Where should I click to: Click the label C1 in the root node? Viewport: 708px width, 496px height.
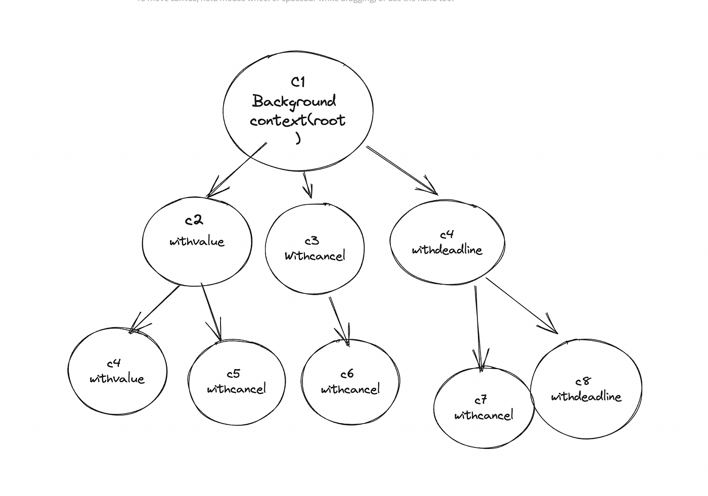click(x=298, y=82)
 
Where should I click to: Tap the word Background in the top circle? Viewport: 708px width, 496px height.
click(x=294, y=102)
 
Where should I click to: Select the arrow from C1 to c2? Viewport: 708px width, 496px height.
click(x=237, y=170)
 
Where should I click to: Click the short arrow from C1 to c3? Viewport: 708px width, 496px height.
click(x=306, y=185)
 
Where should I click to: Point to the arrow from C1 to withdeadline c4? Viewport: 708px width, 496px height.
click(x=402, y=170)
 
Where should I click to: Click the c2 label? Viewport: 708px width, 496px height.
click(x=194, y=220)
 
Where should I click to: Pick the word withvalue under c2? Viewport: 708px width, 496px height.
click(x=197, y=241)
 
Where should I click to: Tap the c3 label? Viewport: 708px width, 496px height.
click(x=312, y=241)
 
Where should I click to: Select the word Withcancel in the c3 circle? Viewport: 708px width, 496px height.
click(x=315, y=256)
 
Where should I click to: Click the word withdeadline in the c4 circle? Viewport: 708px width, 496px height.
click(x=447, y=250)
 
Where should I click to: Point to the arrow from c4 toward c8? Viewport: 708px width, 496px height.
click(x=521, y=305)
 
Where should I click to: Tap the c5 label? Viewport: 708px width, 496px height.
click(x=233, y=374)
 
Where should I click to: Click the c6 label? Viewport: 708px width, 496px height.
click(x=347, y=374)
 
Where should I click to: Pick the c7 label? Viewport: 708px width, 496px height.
click(x=480, y=400)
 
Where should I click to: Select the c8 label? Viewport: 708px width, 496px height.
click(x=583, y=381)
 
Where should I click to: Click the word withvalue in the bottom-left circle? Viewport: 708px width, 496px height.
click(x=117, y=379)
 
